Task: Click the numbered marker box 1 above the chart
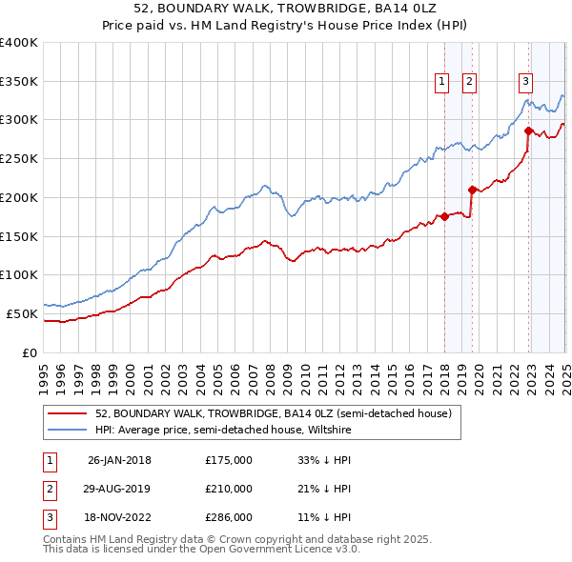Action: coord(443,83)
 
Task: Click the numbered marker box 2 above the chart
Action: coord(471,83)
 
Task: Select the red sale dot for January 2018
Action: coord(444,216)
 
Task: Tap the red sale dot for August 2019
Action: coord(472,190)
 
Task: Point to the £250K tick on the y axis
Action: coord(19,159)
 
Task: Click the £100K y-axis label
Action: coord(19,275)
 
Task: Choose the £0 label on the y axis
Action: coord(30,352)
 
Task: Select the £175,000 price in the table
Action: coord(229,460)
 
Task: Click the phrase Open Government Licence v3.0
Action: coord(276,550)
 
